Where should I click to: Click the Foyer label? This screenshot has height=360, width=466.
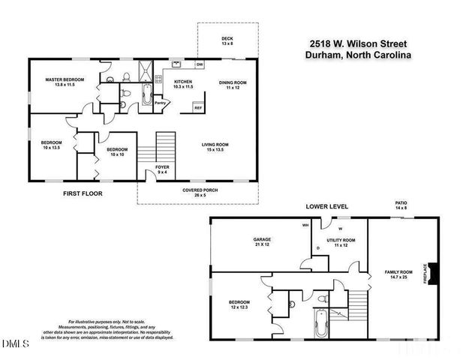[162, 169]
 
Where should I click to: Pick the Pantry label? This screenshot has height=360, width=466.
[160, 103]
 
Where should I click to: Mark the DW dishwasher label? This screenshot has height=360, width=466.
[200, 65]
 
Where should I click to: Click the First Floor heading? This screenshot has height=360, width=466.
[83, 193]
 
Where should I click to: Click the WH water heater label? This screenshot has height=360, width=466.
[305, 224]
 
